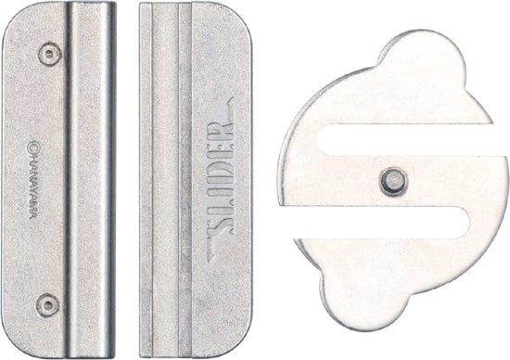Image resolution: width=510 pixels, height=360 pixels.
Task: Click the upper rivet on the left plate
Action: tap(50, 55)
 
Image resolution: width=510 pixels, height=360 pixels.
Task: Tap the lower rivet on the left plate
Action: tap(48, 305)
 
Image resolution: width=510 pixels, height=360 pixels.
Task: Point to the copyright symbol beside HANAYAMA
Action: tap(32, 147)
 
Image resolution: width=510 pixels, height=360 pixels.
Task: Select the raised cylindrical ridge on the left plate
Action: tap(91, 180)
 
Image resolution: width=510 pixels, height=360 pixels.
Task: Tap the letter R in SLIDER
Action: tap(223, 129)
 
